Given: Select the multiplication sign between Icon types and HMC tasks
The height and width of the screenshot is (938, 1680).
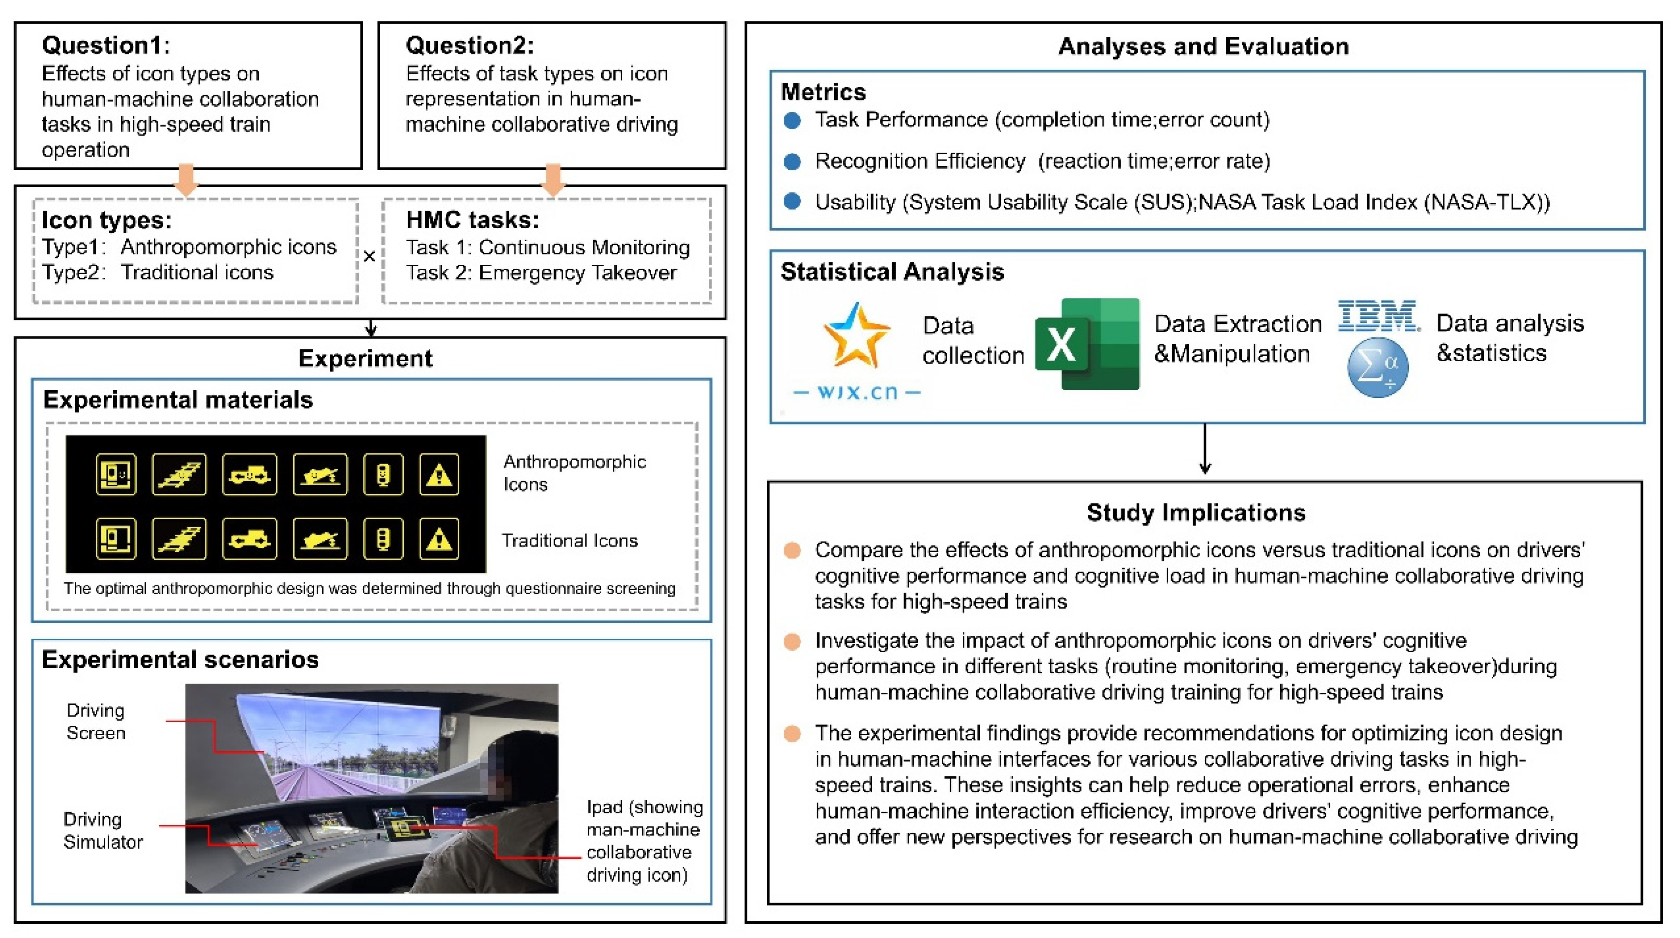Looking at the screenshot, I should (369, 256).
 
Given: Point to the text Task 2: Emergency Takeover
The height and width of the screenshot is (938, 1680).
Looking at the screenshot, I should (541, 273).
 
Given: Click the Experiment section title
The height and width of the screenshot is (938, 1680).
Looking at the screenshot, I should (365, 358).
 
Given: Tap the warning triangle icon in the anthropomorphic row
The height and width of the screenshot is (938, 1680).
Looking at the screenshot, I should (439, 474).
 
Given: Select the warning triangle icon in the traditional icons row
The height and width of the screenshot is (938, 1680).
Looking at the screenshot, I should (439, 539).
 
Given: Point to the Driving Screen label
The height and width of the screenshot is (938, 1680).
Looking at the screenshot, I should (96, 721).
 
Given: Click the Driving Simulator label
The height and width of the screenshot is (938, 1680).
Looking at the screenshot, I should (103, 830).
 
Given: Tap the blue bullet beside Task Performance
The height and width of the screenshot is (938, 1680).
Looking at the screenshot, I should (792, 121).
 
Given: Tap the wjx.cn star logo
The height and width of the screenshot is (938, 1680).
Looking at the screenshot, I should (856, 335).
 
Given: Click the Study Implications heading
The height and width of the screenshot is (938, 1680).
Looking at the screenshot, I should (1196, 513).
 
